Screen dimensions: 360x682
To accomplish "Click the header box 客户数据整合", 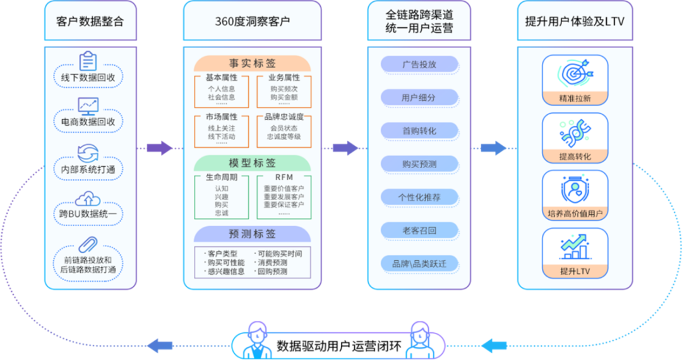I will [x=90, y=21].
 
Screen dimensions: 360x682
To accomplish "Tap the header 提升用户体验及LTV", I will [x=575, y=21].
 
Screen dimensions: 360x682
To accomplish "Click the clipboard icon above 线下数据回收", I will [x=88, y=62].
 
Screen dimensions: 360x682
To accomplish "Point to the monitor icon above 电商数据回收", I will [x=88, y=105].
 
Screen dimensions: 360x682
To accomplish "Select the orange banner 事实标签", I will [x=252, y=63].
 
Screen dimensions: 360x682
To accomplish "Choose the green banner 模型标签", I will [x=252, y=163].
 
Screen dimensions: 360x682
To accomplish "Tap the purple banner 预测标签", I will [x=252, y=234].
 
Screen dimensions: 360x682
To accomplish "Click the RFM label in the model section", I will [x=284, y=178].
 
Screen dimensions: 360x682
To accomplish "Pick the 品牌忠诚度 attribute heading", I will [x=284, y=117].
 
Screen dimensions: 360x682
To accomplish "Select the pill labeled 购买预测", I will [x=419, y=164].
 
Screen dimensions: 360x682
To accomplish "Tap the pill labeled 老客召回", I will [x=419, y=231].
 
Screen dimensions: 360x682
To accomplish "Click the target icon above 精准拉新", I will [x=575, y=73].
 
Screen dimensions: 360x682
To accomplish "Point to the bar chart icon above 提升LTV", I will [x=575, y=246].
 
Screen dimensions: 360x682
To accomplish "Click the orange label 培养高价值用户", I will [x=575, y=213].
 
